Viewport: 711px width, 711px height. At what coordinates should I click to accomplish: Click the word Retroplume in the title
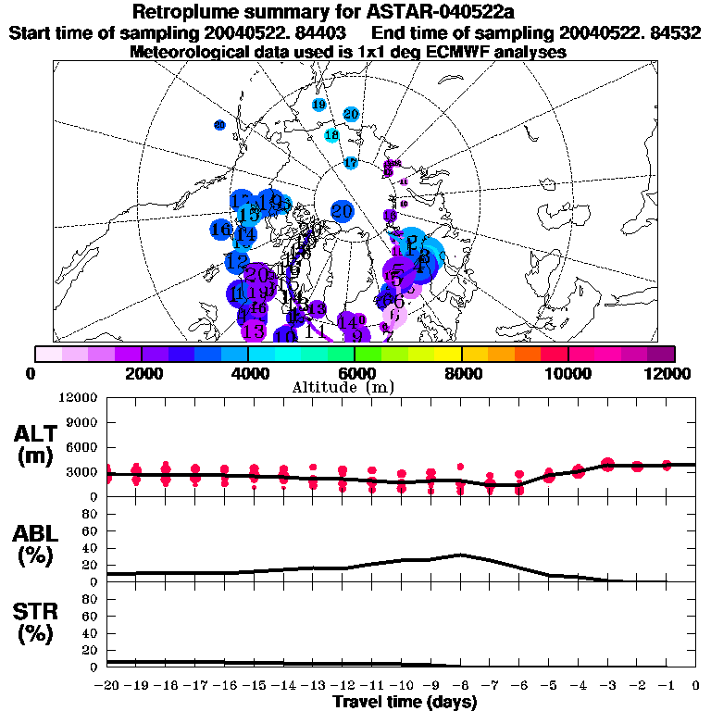pyautogui.click(x=185, y=13)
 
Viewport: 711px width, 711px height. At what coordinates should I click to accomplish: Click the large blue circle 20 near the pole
pyautogui.click(x=343, y=211)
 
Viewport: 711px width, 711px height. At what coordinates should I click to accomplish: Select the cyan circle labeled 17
pyautogui.click(x=350, y=163)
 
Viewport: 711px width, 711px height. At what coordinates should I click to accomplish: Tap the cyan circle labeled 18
pyautogui.click(x=331, y=135)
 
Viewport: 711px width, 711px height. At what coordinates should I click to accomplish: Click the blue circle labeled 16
pyautogui.click(x=220, y=230)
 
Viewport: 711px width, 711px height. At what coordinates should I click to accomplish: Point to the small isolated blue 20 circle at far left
pyautogui.click(x=219, y=125)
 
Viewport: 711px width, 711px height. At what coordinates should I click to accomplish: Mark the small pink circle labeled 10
pyautogui.click(x=403, y=204)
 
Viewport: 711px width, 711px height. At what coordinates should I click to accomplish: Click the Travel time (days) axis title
pyautogui.click(x=405, y=703)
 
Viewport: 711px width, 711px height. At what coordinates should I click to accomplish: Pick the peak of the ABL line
pyautogui.click(x=460, y=555)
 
